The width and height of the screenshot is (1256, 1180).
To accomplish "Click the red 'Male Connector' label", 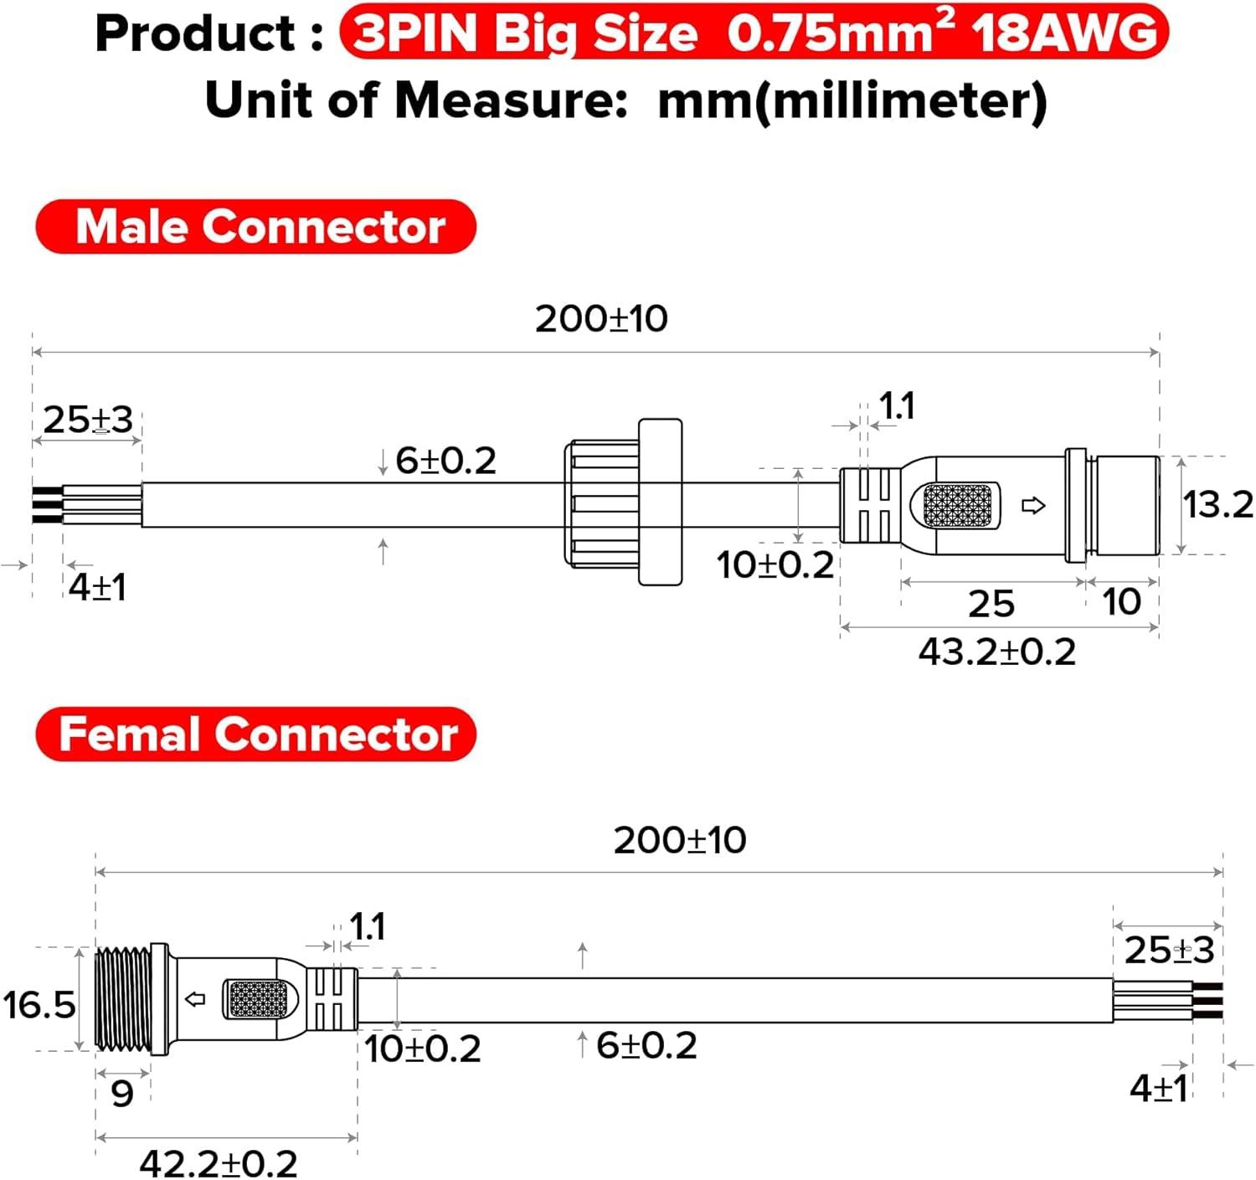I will point(256,227).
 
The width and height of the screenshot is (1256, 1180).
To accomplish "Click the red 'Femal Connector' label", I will point(256,734).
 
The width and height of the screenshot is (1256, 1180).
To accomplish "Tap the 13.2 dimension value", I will point(1217,505).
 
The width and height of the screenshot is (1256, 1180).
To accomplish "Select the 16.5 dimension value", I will point(39,1005).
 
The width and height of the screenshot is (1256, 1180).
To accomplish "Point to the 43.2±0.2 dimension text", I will point(996,652).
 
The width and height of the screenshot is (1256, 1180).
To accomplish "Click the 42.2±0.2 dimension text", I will point(219,1163).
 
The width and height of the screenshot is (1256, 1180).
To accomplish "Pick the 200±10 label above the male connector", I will point(601,319).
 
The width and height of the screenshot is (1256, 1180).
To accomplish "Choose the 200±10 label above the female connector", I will point(680,840).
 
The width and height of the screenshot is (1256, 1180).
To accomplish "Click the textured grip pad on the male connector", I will point(956,506).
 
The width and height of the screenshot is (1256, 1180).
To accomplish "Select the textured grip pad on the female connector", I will point(258,999).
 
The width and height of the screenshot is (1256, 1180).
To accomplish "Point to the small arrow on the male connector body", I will point(1034,506).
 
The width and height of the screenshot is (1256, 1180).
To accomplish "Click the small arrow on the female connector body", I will point(195,999).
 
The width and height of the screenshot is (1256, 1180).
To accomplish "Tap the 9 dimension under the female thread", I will point(122,1094).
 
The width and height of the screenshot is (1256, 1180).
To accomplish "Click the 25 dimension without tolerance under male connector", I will point(991,604).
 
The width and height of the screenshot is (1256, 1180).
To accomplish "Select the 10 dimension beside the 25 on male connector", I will point(1121,602).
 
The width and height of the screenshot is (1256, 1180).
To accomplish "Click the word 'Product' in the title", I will point(195,34).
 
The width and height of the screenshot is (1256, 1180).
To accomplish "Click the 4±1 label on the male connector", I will point(97,587).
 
